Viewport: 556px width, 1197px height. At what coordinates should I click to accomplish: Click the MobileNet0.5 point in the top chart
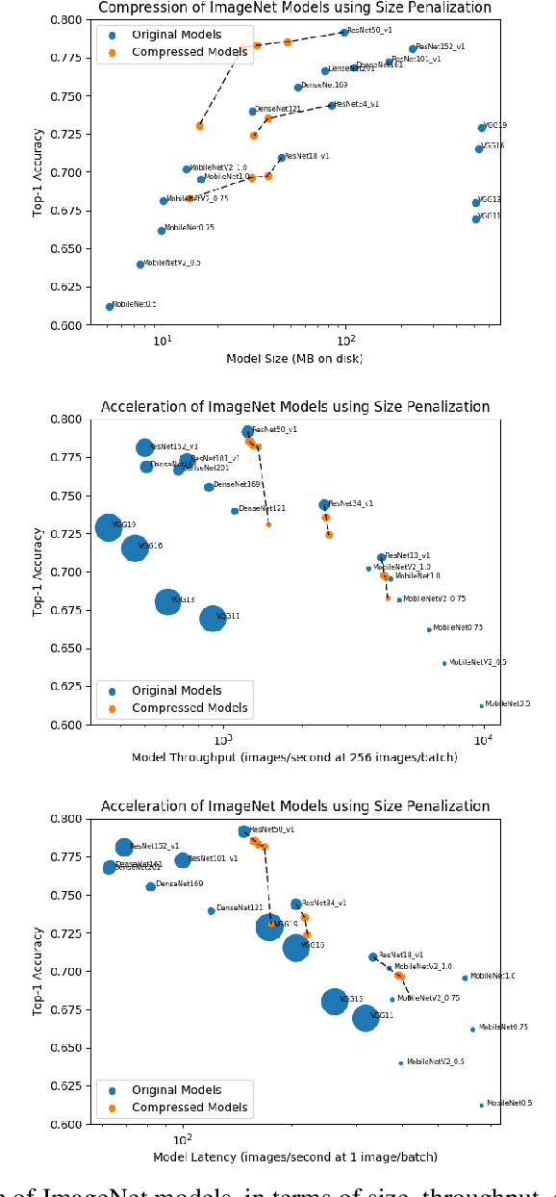109,307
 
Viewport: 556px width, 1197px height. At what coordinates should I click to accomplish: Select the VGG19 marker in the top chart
482,128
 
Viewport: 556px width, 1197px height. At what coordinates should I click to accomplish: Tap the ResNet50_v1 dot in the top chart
343,33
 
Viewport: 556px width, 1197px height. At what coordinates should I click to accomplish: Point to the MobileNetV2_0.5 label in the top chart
172,263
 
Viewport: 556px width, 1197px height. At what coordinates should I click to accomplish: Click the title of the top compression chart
294,8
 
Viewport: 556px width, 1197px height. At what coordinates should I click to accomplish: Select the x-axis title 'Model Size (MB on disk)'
294,359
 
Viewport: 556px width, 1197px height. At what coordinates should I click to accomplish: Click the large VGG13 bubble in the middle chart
168,601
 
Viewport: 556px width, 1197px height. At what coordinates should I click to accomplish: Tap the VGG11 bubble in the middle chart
213,618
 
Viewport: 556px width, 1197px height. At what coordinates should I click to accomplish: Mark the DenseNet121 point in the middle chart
235,511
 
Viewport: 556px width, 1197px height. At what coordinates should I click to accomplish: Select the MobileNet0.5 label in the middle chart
507,704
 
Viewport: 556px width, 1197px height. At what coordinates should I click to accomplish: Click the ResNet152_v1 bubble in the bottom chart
124,848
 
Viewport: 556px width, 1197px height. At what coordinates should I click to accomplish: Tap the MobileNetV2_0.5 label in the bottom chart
435,1062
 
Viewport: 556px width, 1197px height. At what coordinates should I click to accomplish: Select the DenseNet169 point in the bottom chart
150,886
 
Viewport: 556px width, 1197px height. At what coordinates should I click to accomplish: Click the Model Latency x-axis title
294,1158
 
